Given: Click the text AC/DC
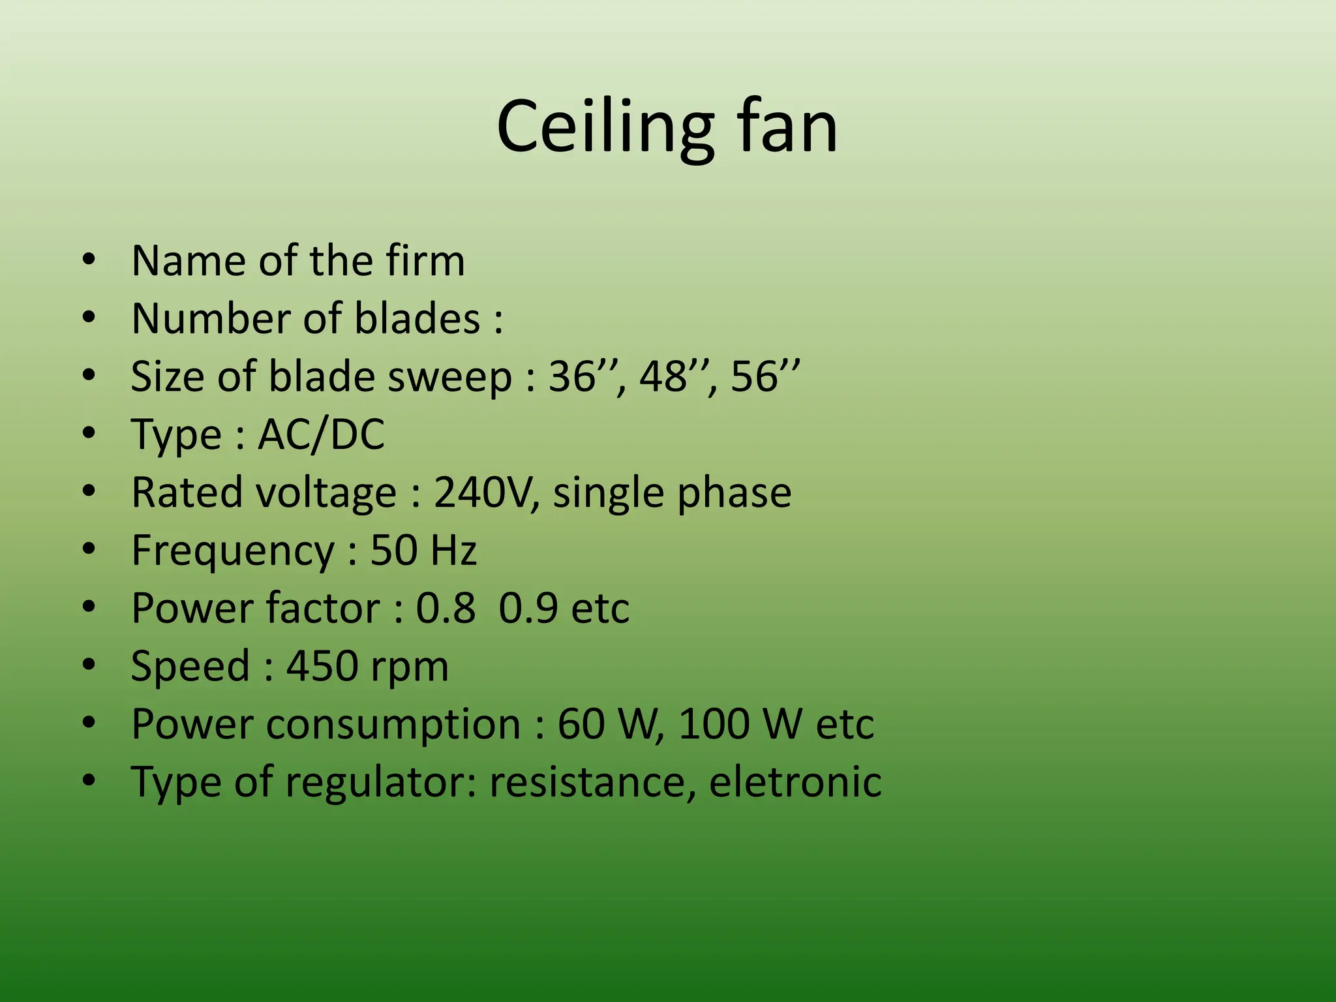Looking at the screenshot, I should click(x=321, y=434).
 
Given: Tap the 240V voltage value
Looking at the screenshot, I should click(x=487, y=492).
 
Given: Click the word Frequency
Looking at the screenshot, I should click(x=233, y=551).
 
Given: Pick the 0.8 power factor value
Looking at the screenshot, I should click(x=446, y=608).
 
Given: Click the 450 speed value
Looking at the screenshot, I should click(x=322, y=666).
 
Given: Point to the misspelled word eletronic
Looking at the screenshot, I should click(x=795, y=782).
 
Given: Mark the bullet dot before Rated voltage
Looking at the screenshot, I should click(x=89, y=491).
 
